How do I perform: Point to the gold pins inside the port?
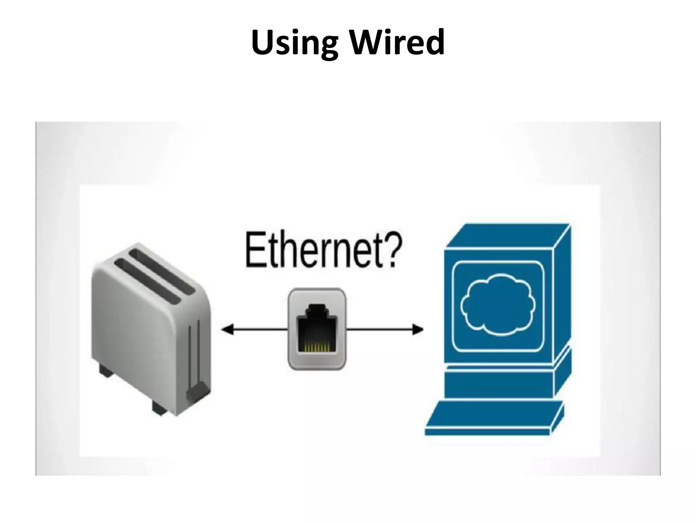(x=317, y=346)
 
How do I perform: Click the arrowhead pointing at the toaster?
(x=227, y=329)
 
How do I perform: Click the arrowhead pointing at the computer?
(x=418, y=329)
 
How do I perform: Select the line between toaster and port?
(x=260, y=329)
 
